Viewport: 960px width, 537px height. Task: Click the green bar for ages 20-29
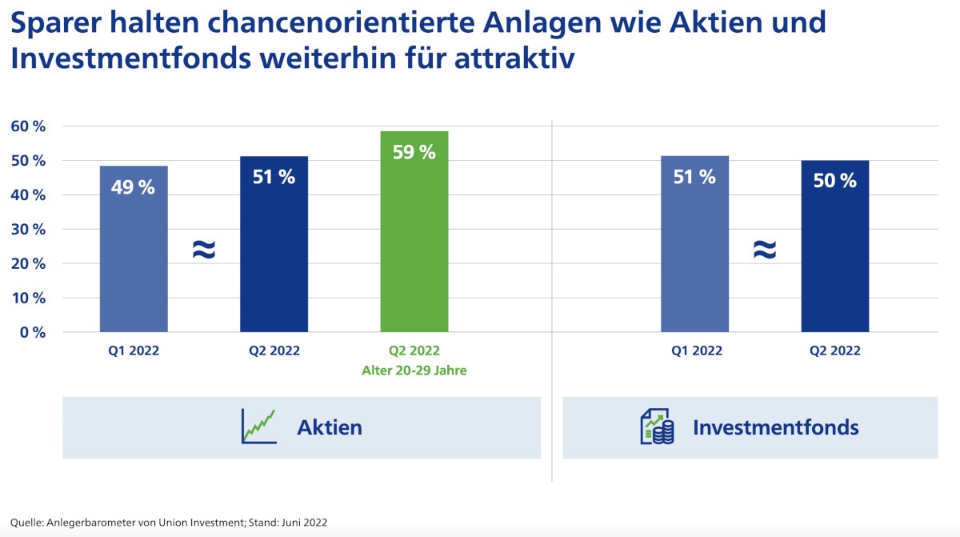tap(414, 240)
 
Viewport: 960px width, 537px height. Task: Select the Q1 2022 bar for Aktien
tap(134, 256)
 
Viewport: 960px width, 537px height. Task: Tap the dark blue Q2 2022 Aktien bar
tap(274, 256)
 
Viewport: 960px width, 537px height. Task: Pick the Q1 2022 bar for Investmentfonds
tap(694, 256)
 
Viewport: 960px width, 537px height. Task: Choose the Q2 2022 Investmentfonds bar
tap(834, 256)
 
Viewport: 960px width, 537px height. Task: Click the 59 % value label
tap(414, 152)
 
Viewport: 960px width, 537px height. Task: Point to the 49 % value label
tap(134, 187)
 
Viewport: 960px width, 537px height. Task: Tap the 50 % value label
tap(834, 181)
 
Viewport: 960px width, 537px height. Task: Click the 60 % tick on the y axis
tap(28, 126)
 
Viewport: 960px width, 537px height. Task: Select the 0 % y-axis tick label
tap(32, 332)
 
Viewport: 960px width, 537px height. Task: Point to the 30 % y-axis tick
tap(28, 229)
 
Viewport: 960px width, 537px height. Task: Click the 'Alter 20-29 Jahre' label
tap(414, 371)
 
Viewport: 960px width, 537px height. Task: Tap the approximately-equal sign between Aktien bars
tap(204, 250)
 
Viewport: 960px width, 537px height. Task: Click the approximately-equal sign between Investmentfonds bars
tap(765, 250)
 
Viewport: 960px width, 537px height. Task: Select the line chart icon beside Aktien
tap(258, 427)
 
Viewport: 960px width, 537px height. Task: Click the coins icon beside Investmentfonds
tap(657, 427)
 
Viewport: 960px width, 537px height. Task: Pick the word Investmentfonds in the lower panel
tap(775, 427)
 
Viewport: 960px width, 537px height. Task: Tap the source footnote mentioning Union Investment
tap(169, 522)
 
